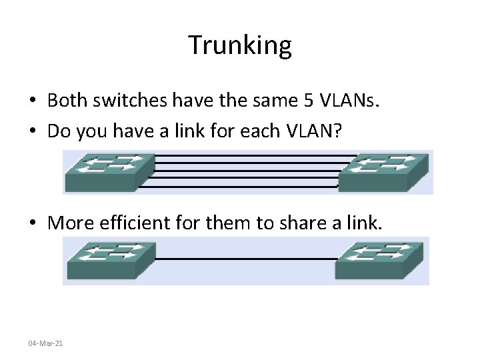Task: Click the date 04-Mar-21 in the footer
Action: (x=45, y=343)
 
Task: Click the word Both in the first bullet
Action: (x=66, y=101)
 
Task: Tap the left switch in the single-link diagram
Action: (x=111, y=260)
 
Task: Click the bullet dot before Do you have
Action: (x=32, y=132)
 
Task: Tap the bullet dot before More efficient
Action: (x=32, y=223)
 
